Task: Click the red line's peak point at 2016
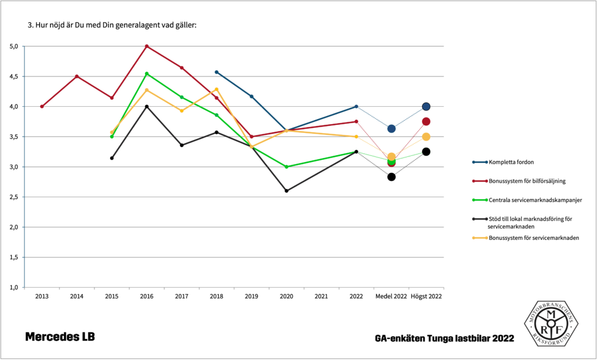pyautogui.click(x=146, y=46)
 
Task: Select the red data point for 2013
pyautogui.click(x=42, y=106)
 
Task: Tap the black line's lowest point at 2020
pyautogui.click(x=286, y=191)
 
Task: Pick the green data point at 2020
pyautogui.click(x=286, y=167)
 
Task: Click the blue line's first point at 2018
pyautogui.click(x=216, y=72)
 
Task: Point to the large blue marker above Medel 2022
pyautogui.click(x=391, y=128)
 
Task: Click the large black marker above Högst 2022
pyautogui.click(x=426, y=152)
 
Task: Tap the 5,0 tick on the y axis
pyautogui.click(x=14, y=46)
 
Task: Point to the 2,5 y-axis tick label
pyautogui.click(x=14, y=197)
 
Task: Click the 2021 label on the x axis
pyautogui.click(x=321, y=296)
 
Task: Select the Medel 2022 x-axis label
pyautogui.click(x=391, y=296)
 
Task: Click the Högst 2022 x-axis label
pyautogui.click(x=426, y=296)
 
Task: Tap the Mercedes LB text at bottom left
pyautogui.click(x=59, y=337)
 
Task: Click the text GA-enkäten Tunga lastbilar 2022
pyautogui.click(x=445, y=338)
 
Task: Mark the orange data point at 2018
pyautogui.click(x=216, y=89)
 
